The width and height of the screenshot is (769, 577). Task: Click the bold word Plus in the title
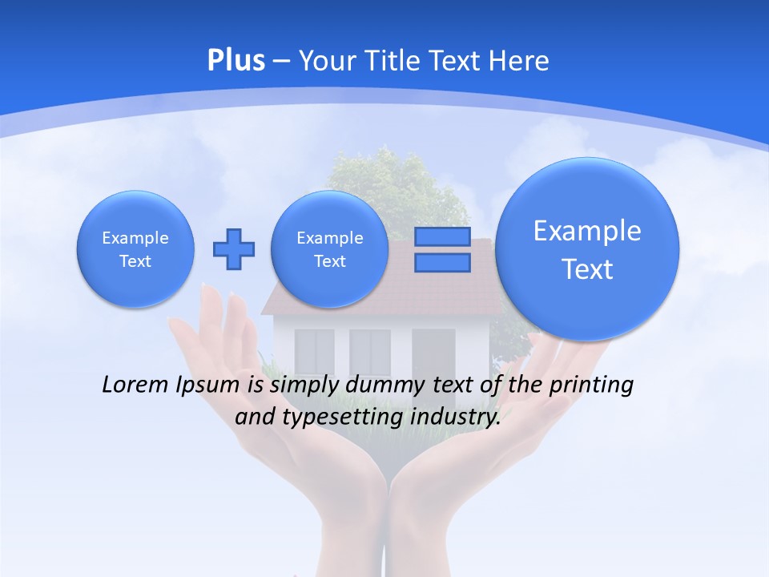tap(236, 61)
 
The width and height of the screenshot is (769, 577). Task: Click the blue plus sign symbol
tap(234, 249)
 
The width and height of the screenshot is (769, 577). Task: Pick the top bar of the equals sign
tap(442, 236)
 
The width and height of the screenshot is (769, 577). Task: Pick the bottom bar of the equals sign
tap(442, 262)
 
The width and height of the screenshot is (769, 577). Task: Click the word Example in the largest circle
tap(587, 231)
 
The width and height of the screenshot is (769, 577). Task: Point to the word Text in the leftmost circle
tap(135, 261)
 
